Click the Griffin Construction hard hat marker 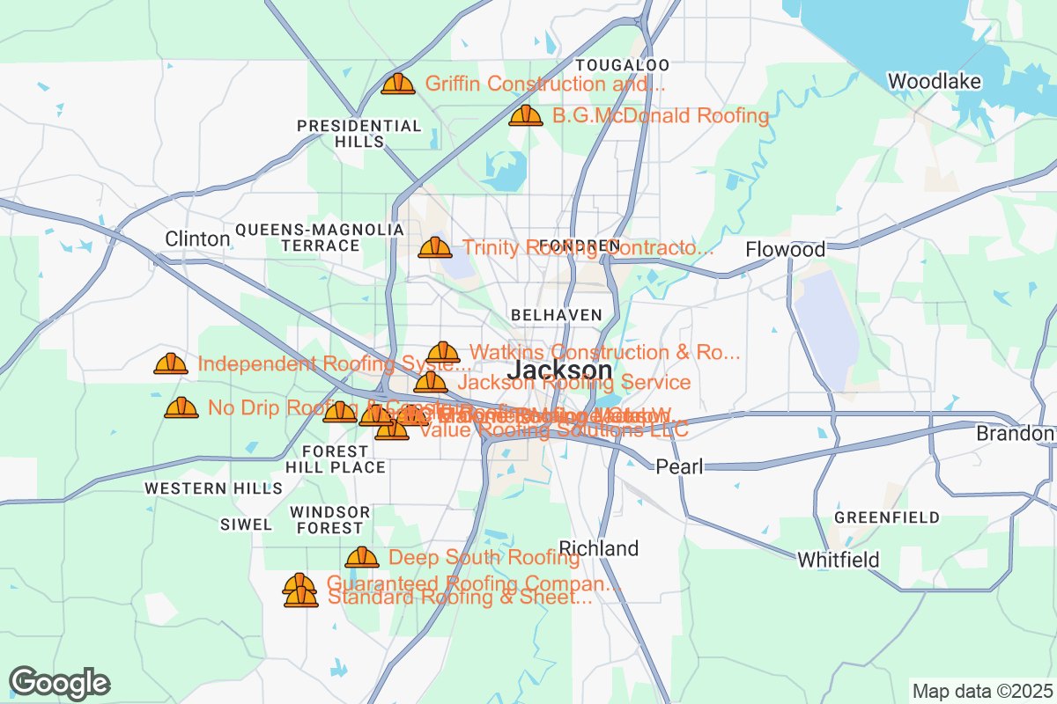point(398,84)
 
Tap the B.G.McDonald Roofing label point(661,115)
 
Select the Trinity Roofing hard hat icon point(435,247)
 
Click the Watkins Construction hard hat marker point(443,352)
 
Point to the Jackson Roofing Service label point(573,383)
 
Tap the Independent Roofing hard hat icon point(171,363)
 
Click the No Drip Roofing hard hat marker point(181,407)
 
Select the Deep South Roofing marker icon point(362,557)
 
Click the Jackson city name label point(560,370)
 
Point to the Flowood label point(785,250)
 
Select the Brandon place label point(1015,434)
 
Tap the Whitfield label point(838,560)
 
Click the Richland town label point(599,549)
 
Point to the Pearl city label point(679,466)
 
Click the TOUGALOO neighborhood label point(622,65)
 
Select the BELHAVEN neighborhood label point(557,315)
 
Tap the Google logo point(60,683)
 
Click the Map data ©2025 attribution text point(981,691)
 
